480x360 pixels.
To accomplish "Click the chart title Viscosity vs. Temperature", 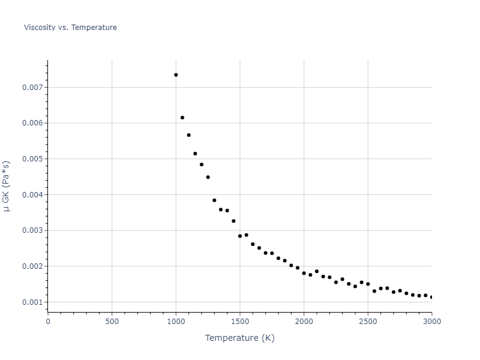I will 70,28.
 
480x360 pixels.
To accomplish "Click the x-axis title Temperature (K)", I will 239,338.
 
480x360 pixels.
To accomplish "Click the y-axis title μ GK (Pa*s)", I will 7,186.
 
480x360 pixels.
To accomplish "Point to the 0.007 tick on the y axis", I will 33,88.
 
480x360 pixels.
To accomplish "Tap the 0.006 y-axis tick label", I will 33,123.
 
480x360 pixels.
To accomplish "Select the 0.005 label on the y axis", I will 33,159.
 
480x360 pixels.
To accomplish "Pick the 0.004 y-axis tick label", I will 33,195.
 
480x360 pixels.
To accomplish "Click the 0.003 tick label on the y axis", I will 33,230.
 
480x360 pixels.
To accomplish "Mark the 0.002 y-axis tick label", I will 33,266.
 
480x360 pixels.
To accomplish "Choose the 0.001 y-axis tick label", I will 33,302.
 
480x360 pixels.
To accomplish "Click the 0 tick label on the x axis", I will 48,321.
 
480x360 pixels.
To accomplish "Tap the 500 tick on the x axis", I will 112,321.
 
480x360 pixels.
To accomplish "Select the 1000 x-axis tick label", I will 176,321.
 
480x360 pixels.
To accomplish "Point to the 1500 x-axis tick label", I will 240,321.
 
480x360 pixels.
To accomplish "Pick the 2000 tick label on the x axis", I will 304,321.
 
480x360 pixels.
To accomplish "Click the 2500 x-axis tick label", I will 368,321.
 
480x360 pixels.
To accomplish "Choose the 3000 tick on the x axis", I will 431,321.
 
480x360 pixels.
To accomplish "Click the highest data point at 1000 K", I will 176,75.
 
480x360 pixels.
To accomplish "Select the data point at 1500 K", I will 240,236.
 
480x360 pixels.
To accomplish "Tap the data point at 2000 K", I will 304,273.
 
